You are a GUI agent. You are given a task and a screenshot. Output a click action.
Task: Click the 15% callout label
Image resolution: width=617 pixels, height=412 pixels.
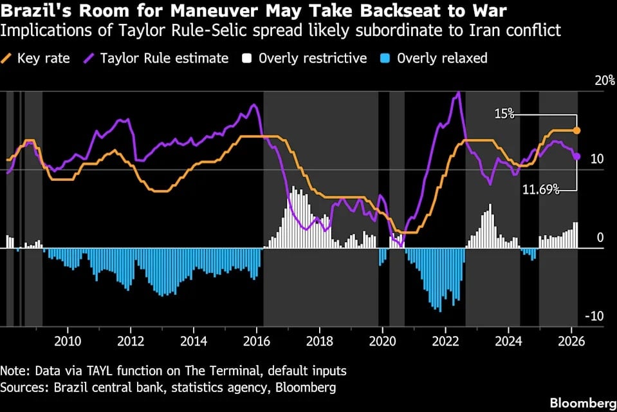[x=504, y=114]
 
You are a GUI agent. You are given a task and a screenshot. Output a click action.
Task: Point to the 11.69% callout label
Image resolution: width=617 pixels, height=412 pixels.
[x=540, y=190]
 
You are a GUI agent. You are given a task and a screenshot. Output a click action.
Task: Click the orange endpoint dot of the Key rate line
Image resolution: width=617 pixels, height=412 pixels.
[x=577, y=131]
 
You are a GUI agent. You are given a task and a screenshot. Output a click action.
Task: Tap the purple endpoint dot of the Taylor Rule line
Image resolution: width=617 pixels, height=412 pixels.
[x=577, y=156]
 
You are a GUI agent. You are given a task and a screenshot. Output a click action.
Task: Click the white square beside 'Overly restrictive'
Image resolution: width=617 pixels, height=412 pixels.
[x=246, y=59]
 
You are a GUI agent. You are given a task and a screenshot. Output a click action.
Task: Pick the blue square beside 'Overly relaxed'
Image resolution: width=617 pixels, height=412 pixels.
[x=386, y=59]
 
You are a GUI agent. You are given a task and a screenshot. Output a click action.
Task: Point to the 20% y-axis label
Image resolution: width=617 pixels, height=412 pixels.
[x=605, y=81]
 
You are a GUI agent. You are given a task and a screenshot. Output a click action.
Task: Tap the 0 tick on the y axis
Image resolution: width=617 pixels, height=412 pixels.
[x=600, y=238]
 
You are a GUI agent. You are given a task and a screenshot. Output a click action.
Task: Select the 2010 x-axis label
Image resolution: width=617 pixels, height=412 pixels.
[x=68, y=341]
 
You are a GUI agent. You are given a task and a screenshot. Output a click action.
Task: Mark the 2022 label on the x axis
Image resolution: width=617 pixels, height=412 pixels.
[x=445, y=341]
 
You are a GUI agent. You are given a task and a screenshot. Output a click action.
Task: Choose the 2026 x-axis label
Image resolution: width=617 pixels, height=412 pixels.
[x=571, y=341]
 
